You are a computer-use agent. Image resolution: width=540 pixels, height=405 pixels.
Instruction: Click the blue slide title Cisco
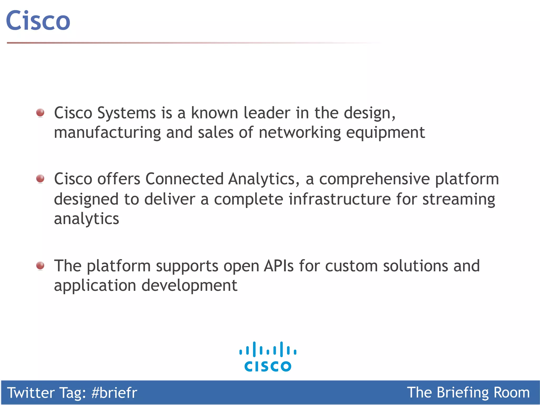point(38,21)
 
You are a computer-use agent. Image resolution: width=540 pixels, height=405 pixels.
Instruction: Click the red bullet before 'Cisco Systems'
point(40,113)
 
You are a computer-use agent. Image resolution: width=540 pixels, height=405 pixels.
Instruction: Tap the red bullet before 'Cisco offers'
point(40,179)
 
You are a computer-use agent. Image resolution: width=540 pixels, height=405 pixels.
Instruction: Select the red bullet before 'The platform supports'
point(40,266)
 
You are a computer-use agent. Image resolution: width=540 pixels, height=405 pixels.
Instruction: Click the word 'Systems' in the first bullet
point(127,113)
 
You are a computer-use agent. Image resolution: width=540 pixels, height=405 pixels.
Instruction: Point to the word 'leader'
point(267,113)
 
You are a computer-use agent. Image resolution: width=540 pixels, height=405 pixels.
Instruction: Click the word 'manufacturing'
point(107,132)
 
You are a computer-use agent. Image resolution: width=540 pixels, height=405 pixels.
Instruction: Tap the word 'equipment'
point(385,133)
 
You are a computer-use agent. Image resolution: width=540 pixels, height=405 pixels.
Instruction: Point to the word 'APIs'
point(279,266)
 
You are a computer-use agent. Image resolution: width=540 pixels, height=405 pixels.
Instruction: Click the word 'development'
point(189,286)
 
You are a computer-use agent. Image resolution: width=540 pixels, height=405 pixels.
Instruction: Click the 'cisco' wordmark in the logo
point(268,366)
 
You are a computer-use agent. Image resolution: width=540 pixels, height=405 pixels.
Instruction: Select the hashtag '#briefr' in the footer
point(114,393)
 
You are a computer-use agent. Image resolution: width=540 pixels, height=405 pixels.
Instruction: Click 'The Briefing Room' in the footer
point(468,393)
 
